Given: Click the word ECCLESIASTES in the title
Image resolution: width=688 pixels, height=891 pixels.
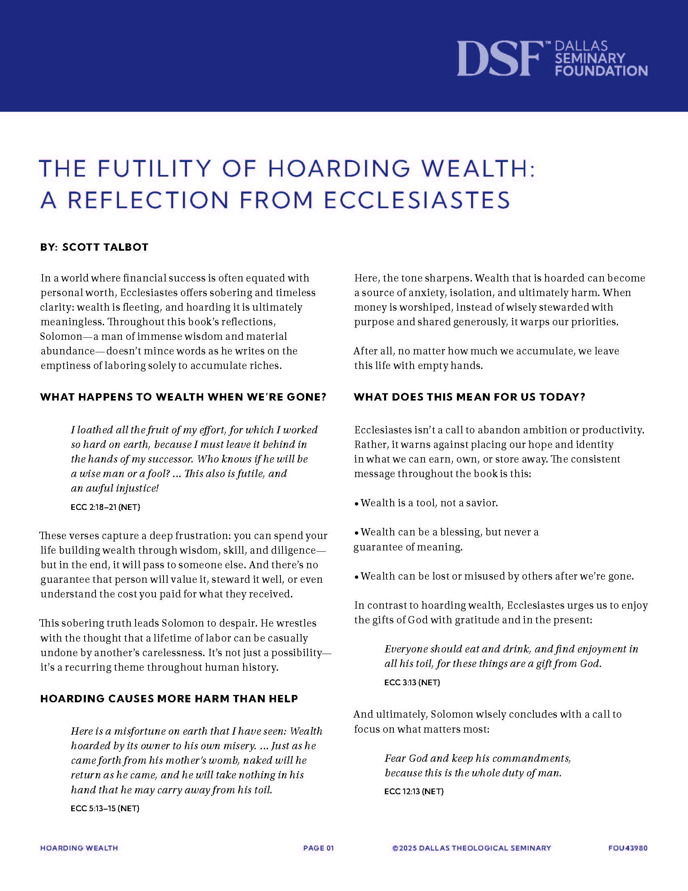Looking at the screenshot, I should point(417,200).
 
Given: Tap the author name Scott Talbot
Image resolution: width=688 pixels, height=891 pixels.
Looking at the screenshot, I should point(105,247).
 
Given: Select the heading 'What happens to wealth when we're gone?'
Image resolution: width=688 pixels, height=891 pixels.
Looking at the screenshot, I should point(183,397).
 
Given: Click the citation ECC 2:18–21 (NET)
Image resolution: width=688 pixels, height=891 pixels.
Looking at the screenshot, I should point(105,507).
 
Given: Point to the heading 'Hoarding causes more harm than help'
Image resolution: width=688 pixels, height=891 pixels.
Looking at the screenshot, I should point(169,699).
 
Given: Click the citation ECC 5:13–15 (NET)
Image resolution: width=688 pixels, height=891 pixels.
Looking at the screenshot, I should point(105,808).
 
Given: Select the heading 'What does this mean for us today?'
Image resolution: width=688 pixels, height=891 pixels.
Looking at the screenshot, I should point(469,397).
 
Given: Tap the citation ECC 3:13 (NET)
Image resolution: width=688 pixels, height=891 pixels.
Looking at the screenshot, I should point(412,682).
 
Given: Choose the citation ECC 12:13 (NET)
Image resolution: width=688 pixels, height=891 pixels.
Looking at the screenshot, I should point(414,791).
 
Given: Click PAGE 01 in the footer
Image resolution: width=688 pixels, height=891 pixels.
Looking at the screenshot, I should point(319,848).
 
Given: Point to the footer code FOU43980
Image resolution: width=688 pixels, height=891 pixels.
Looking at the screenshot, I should point(628,848).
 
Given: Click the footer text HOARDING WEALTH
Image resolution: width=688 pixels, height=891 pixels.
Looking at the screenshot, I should point(79,848).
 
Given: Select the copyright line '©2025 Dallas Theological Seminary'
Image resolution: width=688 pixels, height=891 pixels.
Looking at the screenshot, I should point(471,848).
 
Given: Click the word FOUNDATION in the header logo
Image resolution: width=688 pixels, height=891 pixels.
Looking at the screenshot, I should point(601,71).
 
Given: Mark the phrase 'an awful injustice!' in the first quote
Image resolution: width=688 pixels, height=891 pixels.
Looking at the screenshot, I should point(115,488).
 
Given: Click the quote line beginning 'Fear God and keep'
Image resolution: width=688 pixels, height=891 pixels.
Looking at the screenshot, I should point(478,758).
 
